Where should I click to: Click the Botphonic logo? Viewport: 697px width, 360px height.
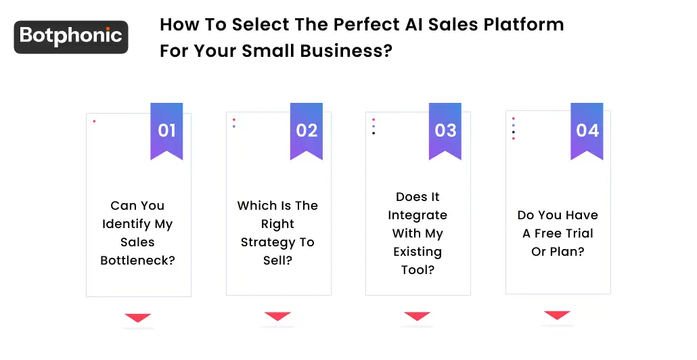(71, 37)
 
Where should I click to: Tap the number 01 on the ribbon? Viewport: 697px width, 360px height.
(166, 130)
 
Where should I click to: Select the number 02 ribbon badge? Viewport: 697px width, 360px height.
(307, 130)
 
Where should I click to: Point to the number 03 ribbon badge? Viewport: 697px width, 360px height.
(445, 130)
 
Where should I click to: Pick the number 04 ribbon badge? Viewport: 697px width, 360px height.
(587, 130)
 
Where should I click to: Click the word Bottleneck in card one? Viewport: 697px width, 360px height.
(137, 261)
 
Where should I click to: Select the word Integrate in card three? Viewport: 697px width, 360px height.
(418, 215)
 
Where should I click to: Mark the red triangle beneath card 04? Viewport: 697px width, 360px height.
(557, 315)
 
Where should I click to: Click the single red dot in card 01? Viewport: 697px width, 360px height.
(94, 122)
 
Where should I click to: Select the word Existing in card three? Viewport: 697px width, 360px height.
(418, 252)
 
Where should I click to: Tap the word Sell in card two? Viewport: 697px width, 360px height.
(277, 261)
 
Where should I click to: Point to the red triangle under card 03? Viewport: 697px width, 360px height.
(417, 315)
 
